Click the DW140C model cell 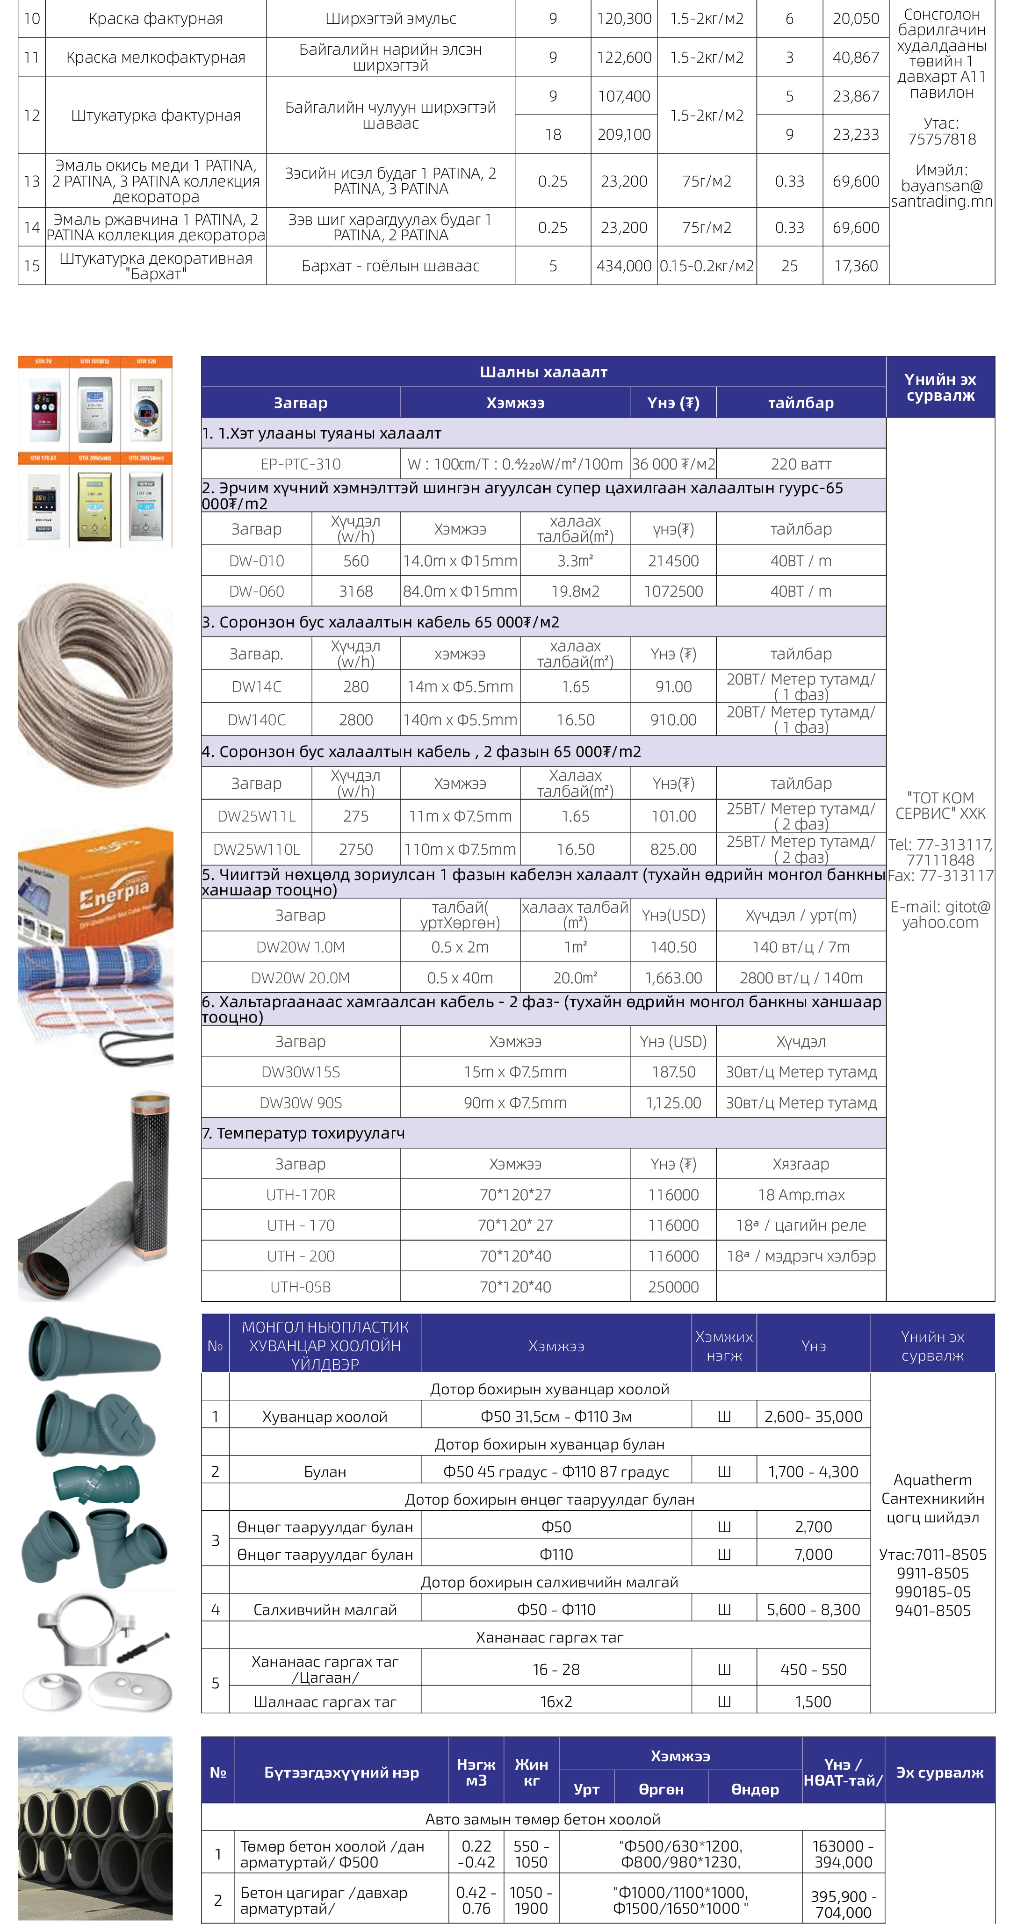coord(256,720)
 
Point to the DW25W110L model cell coord(256,849)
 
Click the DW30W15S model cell coord(300,1072)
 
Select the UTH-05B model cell coord(300,1287)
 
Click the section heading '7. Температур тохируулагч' coord(303,1133)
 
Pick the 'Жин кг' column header coord(531,1772)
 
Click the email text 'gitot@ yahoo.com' coord(940,914)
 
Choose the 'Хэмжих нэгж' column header coord(724,1346)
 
